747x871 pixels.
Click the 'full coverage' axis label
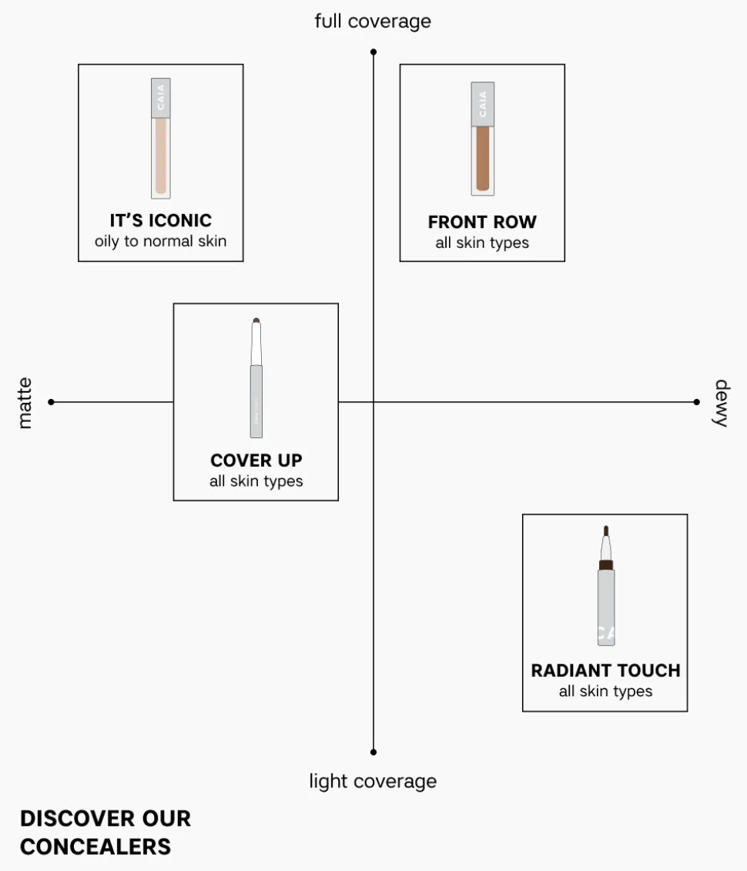point(373,21)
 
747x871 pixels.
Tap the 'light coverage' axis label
point(373,781)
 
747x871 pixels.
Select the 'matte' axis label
point(25,403)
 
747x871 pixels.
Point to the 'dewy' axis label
point(721,403)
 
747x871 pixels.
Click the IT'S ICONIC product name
point(160,221)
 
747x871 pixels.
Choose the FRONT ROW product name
point(482,223)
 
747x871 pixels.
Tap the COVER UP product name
point(256,461)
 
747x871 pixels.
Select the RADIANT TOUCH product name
point(605,671)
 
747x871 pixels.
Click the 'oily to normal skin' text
point(160,241)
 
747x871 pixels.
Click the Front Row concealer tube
point(483,139)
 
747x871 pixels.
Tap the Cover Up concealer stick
point(256,378)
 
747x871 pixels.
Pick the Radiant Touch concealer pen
point(606,587)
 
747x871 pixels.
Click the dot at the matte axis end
point(51,402)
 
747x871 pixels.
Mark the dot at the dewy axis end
point(696,402)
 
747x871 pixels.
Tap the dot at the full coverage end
point(373,52)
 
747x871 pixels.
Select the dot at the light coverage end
point(373,752)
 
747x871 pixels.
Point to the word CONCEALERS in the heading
point(95,846)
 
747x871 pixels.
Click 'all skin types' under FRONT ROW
point(482,243)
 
